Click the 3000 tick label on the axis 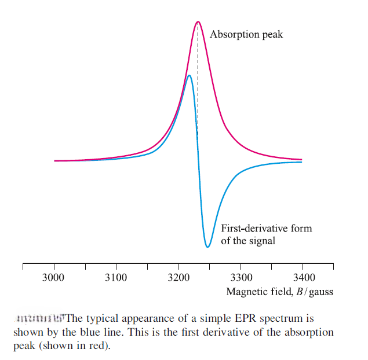click(54, 278)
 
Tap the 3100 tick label click(116, 278)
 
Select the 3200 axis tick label click(178, 278)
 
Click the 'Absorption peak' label click(246, 35)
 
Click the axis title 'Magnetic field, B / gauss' click(279, 291)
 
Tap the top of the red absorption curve click(198, 22)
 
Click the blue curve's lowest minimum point click(207, 247)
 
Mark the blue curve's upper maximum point click(189, 75)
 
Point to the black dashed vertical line click(198, 87)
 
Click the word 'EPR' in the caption click(235, 319)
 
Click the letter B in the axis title click(300, 291)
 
